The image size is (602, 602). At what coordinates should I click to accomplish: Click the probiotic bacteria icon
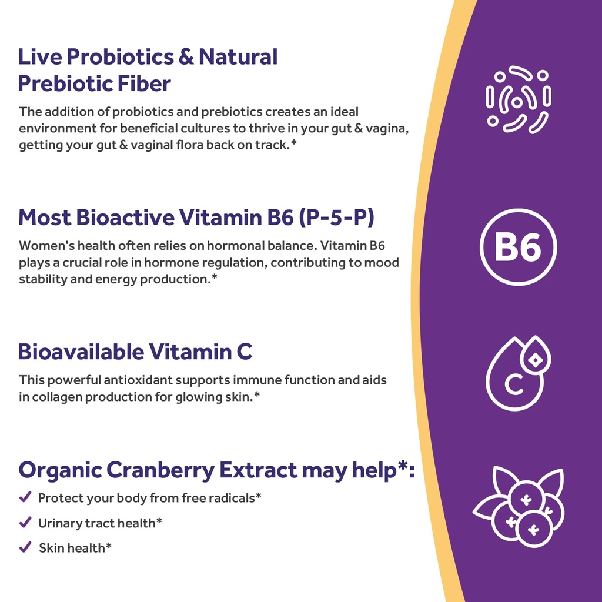pyautogui.click(x=518, y=99)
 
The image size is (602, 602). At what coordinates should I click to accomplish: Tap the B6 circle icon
pyautogui.click(x=518, y=247)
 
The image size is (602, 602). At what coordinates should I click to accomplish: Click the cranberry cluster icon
pyautogui.click(x=519, y=507)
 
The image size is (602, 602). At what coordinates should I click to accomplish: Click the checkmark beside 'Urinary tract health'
pyautogui.click(x=25, y=522)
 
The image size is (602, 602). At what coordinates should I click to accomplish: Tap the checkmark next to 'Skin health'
pyautogui.click(x=25, y=547)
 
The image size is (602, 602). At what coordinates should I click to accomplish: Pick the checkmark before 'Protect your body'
pyautogui.click(x=25, y=497)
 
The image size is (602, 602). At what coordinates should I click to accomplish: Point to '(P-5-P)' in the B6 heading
pyautogui.click(x=336, y=218)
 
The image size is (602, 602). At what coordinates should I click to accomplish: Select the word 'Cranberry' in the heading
pyautogui.click(x=159, y=470)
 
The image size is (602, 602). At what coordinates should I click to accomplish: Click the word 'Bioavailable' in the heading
pyautogui.click(x=81, y=352)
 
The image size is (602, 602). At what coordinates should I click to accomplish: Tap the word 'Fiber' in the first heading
pyautogui.click(x=147, y=83)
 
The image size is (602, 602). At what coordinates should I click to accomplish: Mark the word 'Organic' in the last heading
pyautogui.click(x=59, y=470)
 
